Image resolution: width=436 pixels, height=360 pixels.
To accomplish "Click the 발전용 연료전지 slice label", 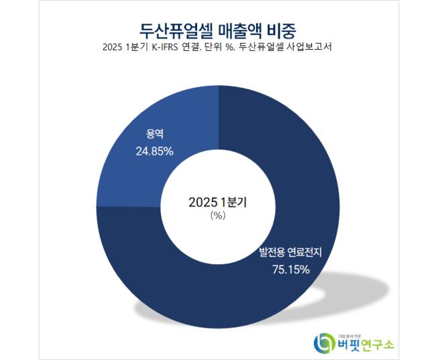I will click(290, 253).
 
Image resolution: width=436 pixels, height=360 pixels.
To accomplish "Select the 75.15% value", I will click(290, 269).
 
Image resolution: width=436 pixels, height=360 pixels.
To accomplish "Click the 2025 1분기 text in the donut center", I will click(218, 202).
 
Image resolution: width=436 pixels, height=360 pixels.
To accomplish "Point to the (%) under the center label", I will click(217, 216).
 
